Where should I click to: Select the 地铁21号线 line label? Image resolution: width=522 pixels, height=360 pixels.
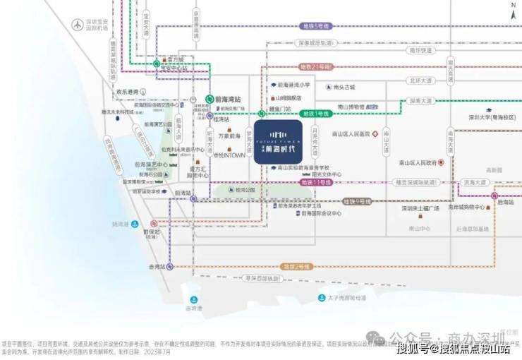click(315, 67)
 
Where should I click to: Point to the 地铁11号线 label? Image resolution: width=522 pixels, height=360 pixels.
click(317, 183)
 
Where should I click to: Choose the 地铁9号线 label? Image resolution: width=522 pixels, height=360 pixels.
click(356, 202)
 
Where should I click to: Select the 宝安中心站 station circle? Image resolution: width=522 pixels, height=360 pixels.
click(156, 64)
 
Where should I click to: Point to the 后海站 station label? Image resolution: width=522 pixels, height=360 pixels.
click(505, 202)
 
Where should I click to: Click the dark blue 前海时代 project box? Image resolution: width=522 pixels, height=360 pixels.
click(277, 140)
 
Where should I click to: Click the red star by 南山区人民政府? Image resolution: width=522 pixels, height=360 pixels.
click(441, 162)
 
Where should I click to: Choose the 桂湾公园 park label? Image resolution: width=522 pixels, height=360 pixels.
click(244, 191)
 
